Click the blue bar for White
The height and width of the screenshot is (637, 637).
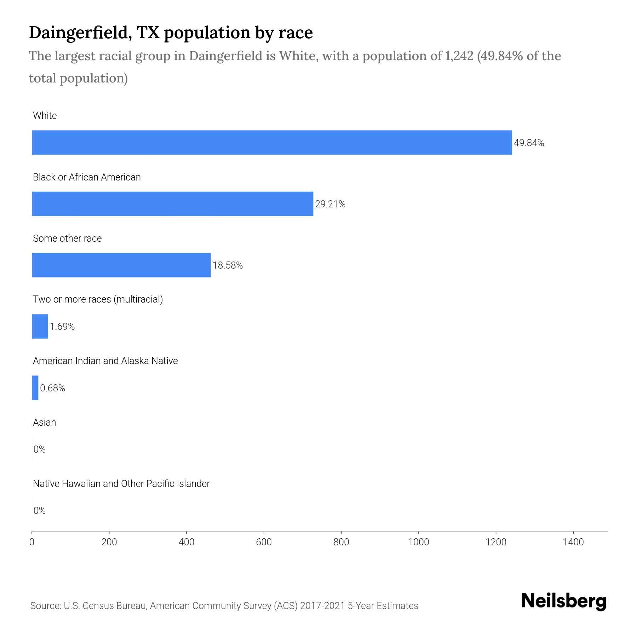[272, 143]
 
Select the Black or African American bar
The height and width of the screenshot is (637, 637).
[172, 204]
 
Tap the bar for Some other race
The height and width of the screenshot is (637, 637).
[121, 265]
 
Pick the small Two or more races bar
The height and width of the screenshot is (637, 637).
[40, 326]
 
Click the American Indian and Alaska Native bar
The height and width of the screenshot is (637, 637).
[35, 388]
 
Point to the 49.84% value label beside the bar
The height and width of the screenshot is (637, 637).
[529, 143]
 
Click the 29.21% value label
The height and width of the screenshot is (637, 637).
[330, 204]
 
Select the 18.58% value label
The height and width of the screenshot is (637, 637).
[228, 265]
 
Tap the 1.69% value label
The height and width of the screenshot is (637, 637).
[62, 327]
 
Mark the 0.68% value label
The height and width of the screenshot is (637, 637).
[52, 388]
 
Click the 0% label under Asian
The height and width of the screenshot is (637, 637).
[39, 449]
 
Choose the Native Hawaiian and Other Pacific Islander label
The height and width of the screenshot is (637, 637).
[121, 483]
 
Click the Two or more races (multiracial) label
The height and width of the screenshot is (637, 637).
[98, 299]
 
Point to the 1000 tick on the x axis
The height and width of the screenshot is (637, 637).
[418, 542]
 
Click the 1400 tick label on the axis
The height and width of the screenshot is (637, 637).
[573, 542]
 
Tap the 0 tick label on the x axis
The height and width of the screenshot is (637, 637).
[32, 542]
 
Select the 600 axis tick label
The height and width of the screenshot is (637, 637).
[264, 542]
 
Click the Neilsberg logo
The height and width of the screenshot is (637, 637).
[564, 601]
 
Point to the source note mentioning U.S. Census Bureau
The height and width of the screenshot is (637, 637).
[224, 606]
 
